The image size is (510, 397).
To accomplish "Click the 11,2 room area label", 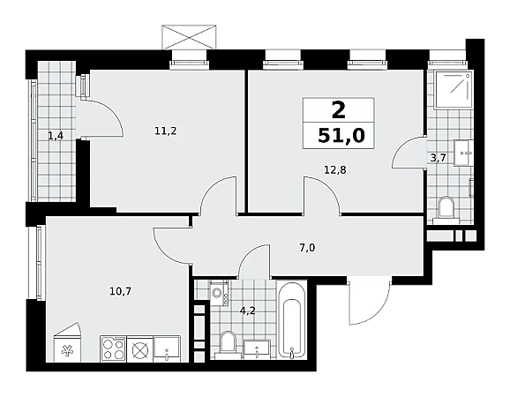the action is tap(166, 131).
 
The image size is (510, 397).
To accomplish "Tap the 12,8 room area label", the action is tap(335, 169).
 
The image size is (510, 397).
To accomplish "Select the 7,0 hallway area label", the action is tap(307, 248).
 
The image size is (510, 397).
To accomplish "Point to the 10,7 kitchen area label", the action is tap(120, 291).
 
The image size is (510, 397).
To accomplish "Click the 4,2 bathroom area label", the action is tap(248, 311).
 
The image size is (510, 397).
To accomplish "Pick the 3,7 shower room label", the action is tap(438, 158).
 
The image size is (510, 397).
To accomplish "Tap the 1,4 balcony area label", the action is tap(56, 136).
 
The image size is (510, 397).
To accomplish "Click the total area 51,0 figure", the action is tap(341, 136).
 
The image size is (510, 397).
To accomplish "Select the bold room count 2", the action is tap(338, 110).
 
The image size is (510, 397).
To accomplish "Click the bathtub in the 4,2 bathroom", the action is tap(292, 320).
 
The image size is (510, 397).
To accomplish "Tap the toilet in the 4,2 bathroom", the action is tap(228, 342).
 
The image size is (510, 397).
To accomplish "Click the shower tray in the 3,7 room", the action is tap(453, 89).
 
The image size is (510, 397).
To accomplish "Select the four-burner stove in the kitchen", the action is tap(114, 348).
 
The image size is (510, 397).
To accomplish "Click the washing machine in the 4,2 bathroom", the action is tap(219, 293).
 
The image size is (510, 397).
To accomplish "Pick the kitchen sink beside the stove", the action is tap(167, 348).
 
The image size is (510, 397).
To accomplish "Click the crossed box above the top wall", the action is tap(190, 37).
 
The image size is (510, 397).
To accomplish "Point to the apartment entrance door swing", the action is tap(369, 302).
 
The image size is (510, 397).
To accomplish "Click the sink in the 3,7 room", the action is tap(463, 154).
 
